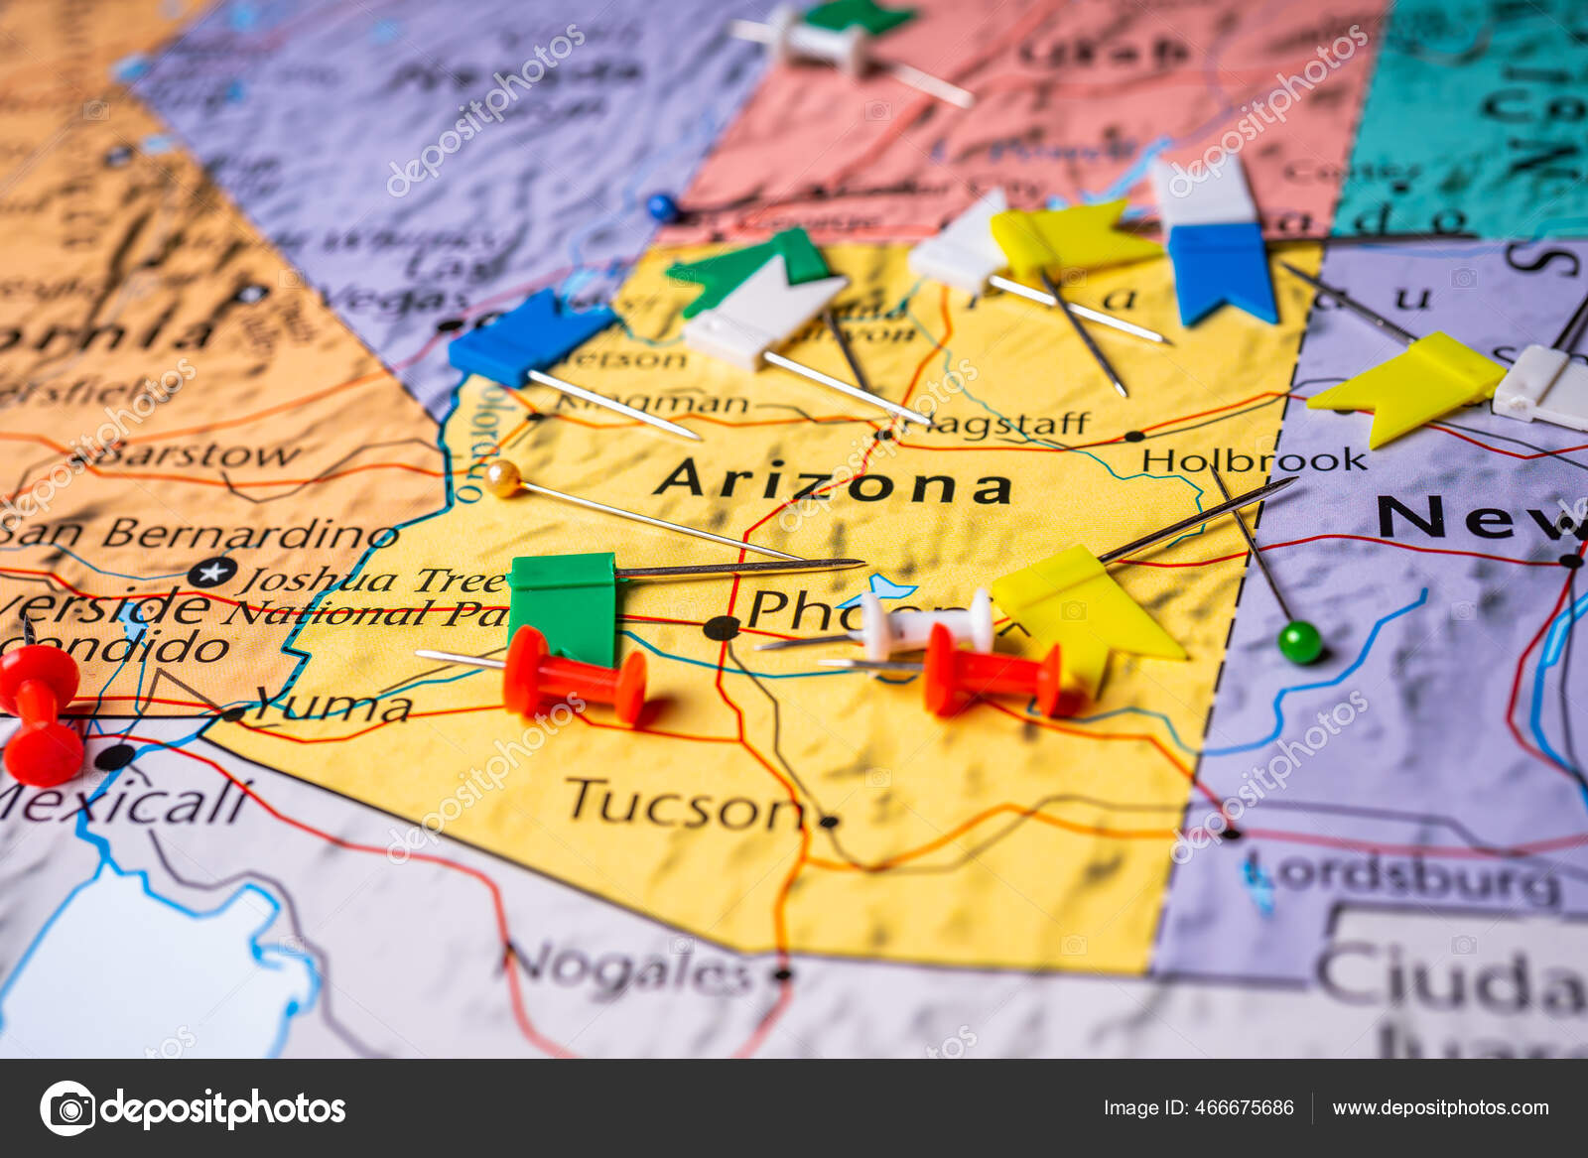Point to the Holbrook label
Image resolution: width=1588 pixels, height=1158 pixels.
(1254, 460)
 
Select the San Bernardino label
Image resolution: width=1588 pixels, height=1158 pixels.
(198, 534)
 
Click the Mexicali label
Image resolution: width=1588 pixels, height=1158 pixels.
(124, 802)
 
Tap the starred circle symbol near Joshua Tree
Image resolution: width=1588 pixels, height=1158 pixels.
(213, 573)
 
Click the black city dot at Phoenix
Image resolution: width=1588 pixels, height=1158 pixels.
(722, 627)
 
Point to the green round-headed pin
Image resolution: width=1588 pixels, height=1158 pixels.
(1299, 642)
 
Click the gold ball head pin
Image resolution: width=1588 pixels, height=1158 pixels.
(503, 478)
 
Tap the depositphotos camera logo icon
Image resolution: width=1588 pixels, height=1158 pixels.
(67, 1107)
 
